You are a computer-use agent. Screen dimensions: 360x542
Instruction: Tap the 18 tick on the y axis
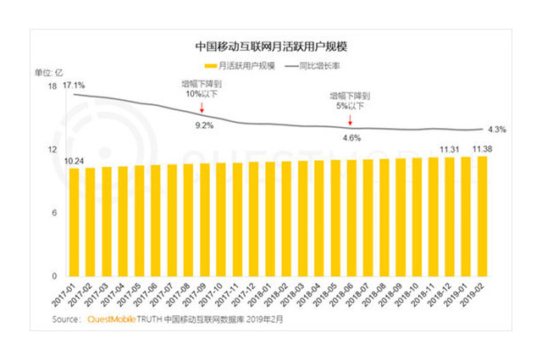[x=53, y=87]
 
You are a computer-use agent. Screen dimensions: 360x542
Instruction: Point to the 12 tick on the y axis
[x=53, y=150]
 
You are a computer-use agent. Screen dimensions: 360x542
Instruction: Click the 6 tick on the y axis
[x=54, y=213]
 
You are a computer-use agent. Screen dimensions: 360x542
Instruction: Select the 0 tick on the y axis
[x=54, y=276]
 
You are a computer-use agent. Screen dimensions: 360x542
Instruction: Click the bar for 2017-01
[x=75, y=222]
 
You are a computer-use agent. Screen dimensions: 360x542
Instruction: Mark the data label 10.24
[x=74, y=161]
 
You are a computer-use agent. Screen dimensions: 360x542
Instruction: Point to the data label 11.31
[x=450, y=149]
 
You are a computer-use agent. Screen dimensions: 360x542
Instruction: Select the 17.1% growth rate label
[x=74, y=86]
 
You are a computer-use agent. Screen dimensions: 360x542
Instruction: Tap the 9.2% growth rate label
[x=204, y=125]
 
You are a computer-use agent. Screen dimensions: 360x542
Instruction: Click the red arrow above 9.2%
[x=203, y=108]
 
